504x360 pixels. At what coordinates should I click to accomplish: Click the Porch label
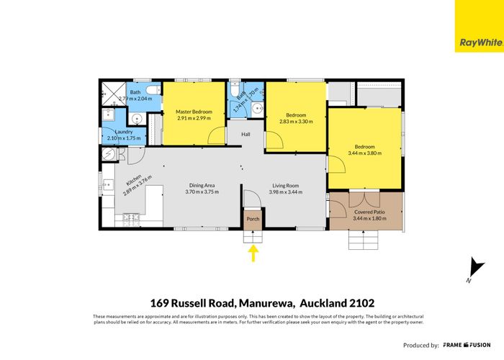253,219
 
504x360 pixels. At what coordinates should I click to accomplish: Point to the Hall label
245,134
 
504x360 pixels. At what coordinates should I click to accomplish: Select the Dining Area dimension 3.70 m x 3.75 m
200,192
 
